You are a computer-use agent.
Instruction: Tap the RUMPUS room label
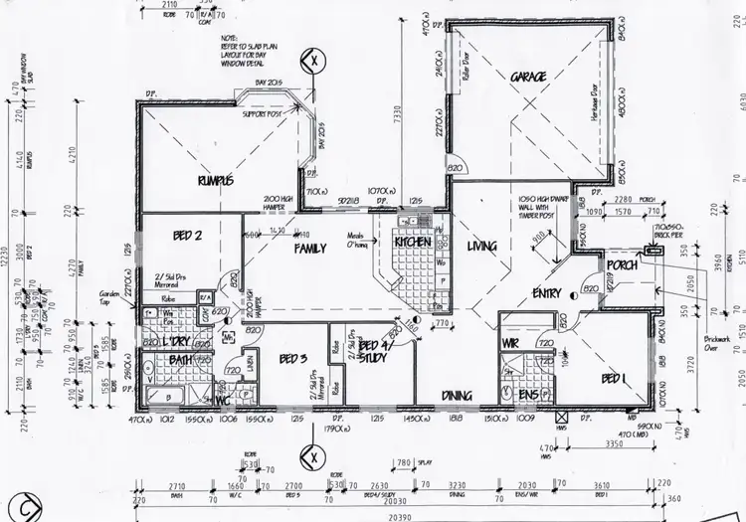pyautogui.click(x=215, y=180)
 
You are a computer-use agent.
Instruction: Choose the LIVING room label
pyautogui.click(x=483, y=247)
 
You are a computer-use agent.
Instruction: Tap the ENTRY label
pyautogui.click(x=546, y=293)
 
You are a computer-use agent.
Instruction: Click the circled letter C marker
pyautogui.click(x=13, y=505)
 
